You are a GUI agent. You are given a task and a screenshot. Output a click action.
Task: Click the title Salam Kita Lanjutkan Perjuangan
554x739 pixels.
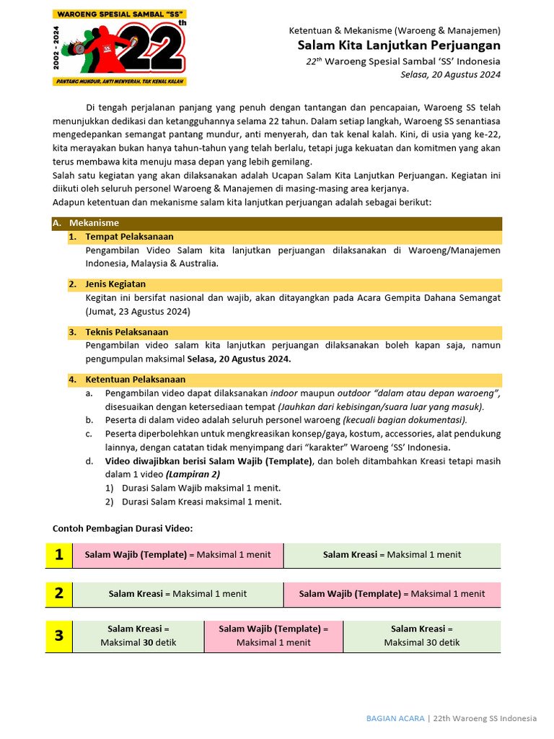click(x=399, y=45)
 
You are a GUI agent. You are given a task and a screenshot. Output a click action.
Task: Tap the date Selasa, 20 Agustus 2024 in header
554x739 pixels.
click(x=450, y=74)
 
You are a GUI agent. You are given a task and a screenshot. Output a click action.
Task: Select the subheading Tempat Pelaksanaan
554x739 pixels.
click(x=129, y=236)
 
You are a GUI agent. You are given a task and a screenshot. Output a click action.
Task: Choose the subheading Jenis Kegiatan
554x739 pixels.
click(x=115, y=284)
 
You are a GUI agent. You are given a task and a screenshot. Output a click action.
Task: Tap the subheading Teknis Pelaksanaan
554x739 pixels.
click(x=126, y=332)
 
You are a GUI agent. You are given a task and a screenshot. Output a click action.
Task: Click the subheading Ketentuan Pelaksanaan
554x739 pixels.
click(x=135, y=379)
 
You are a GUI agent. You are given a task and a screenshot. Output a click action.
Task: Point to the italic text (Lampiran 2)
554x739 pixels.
click(x=193, y=474)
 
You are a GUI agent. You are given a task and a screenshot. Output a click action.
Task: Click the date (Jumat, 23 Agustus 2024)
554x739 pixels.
click(x=138, y=311)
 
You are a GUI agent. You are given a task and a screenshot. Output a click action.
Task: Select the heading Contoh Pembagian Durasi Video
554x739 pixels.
click(x=123, y=528)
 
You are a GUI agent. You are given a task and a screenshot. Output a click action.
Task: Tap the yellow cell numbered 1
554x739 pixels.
click(x=58, y=554)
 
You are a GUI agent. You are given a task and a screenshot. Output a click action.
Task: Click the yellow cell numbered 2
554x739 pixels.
click(x=58, y=593)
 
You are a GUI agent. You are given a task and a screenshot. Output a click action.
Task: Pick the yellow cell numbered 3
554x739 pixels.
click(x=58, y=636)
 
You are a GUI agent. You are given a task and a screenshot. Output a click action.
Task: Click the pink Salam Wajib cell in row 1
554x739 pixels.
click(x=177, y=554)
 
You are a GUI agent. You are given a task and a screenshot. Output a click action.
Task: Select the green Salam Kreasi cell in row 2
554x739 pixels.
click(x=177, y=593)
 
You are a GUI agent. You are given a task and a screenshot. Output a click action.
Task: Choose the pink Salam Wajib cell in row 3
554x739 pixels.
click(x=273, y=636)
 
